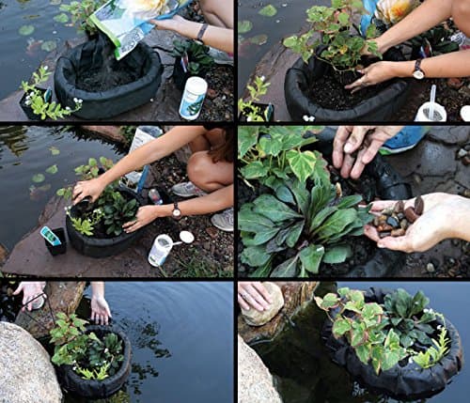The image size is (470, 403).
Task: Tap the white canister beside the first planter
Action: point(194,98)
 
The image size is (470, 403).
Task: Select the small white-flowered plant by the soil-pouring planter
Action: point(41,95)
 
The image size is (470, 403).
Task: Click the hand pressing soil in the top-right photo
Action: point(371,74)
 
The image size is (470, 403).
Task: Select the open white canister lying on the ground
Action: point(161,250)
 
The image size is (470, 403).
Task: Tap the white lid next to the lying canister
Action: point(186,237)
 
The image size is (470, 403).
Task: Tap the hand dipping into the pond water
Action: point(99,307)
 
